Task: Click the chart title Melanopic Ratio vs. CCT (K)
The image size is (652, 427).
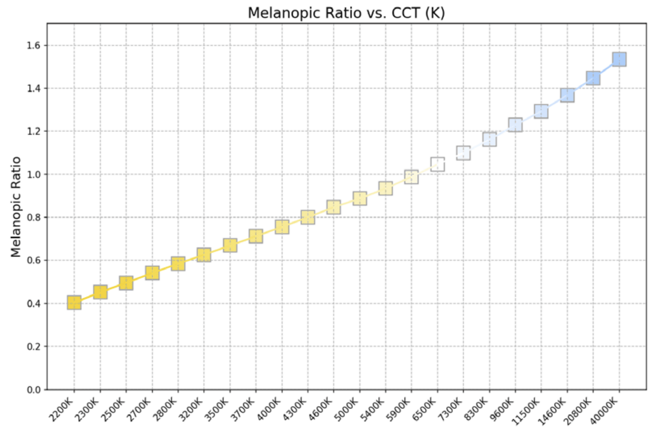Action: pos(346,13)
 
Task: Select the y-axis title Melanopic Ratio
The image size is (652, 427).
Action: pos(16,207)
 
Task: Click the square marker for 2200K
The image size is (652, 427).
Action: pos(74,302)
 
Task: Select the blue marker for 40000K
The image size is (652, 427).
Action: pos(619,59)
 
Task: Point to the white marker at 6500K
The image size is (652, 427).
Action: pos(437,164)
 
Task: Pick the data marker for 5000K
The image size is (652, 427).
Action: pos(360,198)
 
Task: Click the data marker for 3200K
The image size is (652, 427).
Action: pos(204,255)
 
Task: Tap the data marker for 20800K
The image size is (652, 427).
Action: pos(593,78)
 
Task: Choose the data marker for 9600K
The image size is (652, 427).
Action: pos(515,125)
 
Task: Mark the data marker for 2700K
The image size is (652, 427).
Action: pos(152,273)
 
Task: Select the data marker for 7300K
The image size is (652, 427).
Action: pos(463,153)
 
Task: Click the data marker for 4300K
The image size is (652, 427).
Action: pos(308,217)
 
